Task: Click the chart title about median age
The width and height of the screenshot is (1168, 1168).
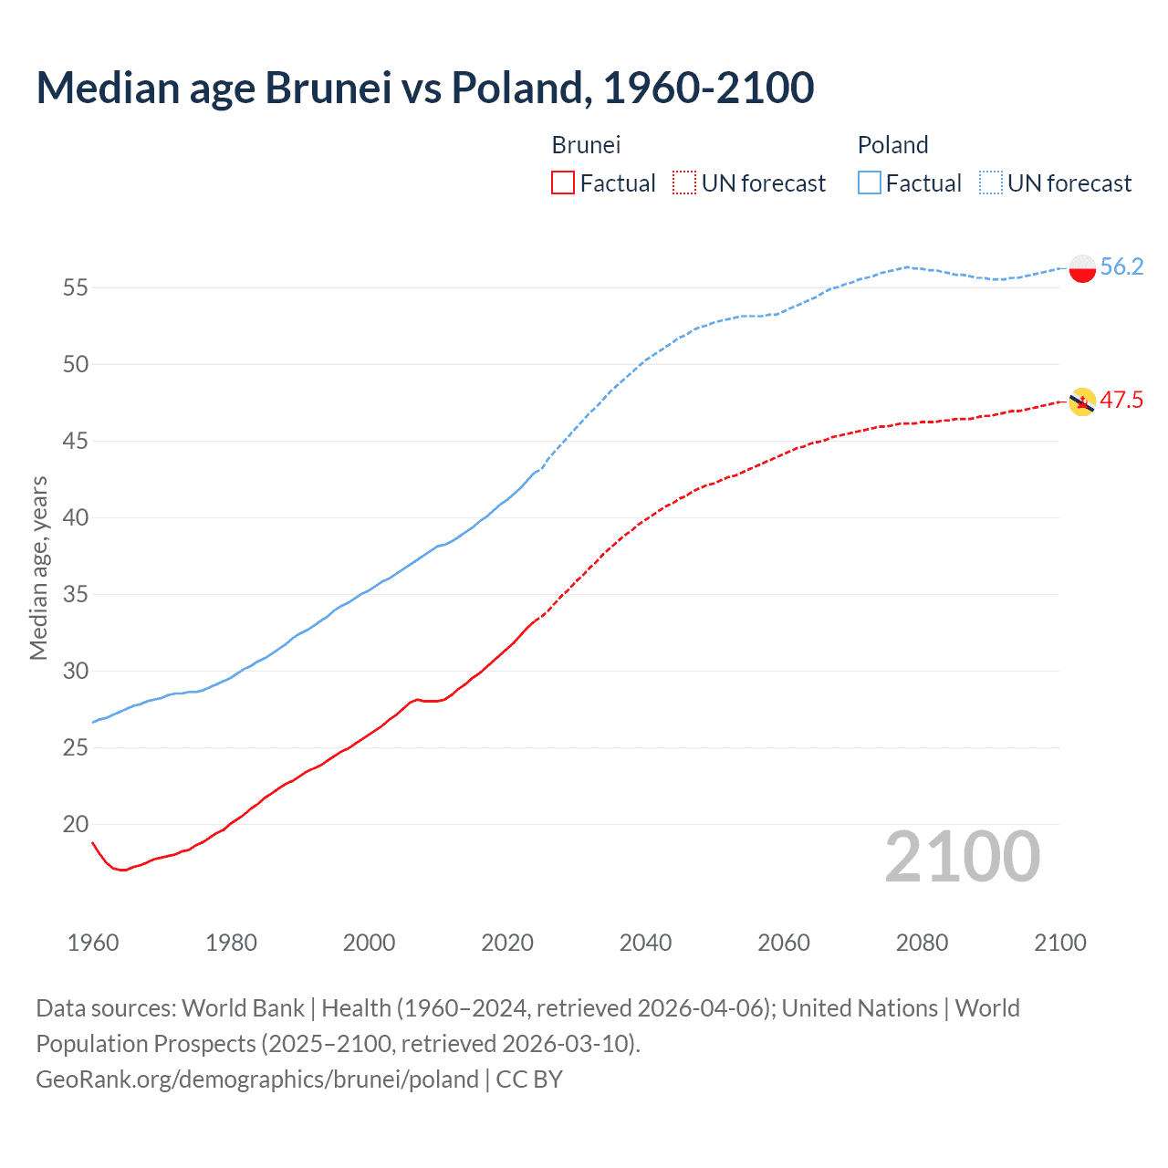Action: [424, 88]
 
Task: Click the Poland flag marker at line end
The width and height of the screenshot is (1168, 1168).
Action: [1082, 268]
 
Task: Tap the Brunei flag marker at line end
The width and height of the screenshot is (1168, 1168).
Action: [1082, 401]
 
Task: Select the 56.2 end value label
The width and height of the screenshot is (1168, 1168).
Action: [1121, 266]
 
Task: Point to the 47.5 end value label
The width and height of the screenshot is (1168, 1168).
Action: [1121, 400]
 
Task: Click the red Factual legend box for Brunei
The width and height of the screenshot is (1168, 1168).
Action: [563, 182]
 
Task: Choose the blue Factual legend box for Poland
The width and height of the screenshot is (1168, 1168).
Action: [869, 182]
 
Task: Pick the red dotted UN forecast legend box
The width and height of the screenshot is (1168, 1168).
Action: [684, 182]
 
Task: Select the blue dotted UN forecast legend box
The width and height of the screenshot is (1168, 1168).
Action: [990, 182]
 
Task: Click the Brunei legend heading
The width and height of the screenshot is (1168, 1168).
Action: [586, 145]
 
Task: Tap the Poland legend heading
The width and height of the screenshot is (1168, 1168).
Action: [892, 145]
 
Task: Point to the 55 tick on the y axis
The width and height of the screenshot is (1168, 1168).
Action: [76, 287]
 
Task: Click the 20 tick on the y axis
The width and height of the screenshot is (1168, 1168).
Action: [76, 824]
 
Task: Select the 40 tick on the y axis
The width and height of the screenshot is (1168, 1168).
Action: [76, 517]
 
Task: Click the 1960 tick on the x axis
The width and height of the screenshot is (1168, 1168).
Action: [93, 943]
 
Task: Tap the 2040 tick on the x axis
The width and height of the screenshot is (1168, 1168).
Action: [645, 943]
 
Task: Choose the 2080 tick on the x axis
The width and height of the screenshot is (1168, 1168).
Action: [922, 943]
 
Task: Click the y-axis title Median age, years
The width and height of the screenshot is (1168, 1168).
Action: [38, 568]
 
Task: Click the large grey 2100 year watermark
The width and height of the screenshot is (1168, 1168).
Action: [962, 856]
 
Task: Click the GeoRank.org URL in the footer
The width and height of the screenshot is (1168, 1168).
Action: [257, 1079]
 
